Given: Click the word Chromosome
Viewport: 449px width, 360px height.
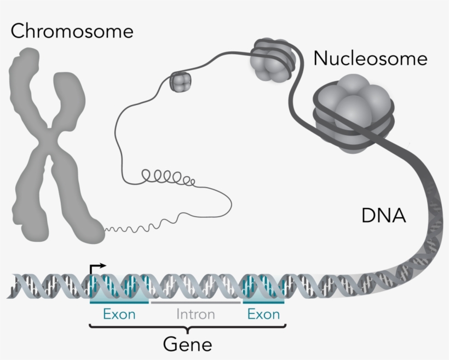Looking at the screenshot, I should (x=72, y=31).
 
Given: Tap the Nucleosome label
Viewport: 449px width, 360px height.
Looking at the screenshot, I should (x=370, y=58).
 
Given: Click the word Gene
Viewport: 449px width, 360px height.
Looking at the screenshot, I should (x=188, y=344).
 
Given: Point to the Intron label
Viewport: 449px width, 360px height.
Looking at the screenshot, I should (x=195, y=315).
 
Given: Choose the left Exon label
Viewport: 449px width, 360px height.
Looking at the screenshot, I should (x=119, y=315).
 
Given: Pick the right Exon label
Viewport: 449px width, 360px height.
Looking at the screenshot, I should (x=263, y=315).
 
